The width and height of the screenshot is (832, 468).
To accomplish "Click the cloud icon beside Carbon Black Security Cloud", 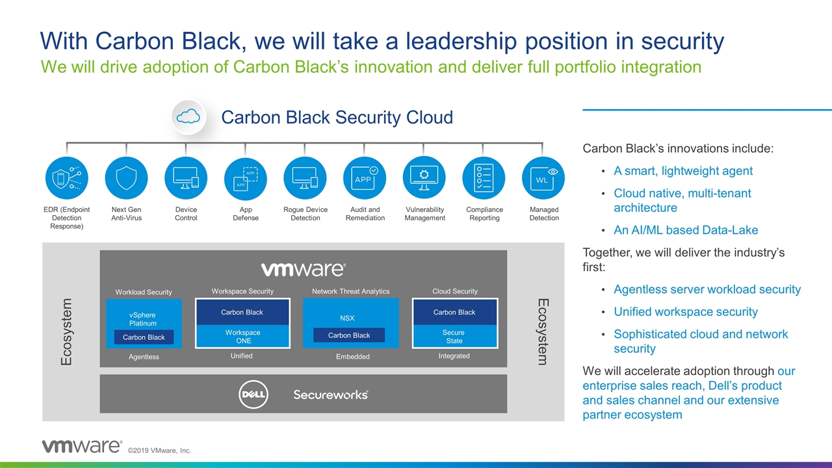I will coord(188,117).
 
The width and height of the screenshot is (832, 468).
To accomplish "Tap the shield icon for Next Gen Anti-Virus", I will coord(126,178).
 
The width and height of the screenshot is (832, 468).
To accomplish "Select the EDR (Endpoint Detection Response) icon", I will coord(66,178).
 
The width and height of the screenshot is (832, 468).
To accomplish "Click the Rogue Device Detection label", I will coord(305,214).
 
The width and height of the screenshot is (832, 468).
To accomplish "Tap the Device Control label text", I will coord(186,214).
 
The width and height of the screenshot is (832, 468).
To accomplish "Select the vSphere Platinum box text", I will coord(142,319).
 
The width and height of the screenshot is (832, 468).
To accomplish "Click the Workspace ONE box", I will coord(242,337).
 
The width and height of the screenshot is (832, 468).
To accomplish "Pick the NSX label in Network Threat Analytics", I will coord(348,318).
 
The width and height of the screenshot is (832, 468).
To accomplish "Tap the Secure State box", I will coord(454,337).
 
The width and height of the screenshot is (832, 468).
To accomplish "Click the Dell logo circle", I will coord(253,395).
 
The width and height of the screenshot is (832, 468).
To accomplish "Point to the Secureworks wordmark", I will coord(330,395).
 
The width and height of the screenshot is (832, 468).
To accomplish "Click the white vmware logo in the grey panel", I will coord(303,269).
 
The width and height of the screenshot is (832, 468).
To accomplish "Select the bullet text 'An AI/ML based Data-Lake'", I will coord(686,230).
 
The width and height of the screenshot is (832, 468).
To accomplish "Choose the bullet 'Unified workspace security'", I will coord(686,312).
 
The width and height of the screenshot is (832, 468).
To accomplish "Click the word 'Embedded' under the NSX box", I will coord(352,357).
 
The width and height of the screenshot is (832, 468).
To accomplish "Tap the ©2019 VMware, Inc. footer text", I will coord(159,451).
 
